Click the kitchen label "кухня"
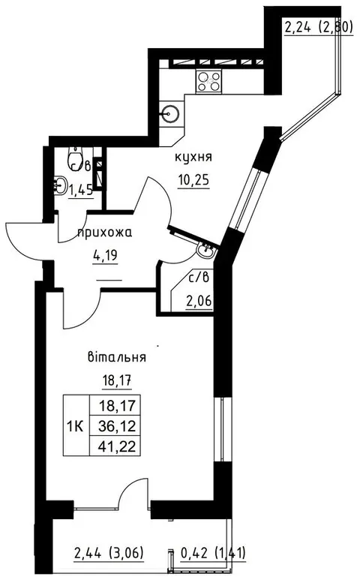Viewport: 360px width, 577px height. [193, 158]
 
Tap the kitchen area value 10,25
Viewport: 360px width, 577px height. [193, 180]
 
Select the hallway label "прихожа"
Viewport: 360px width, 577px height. [105, 233]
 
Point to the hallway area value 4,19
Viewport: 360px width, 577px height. [105, 255]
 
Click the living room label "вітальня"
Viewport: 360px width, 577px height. [117, 357]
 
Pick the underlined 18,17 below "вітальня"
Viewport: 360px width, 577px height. [116, 380]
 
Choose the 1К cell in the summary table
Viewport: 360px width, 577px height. [76, 426]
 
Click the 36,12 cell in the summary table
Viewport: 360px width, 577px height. [117, 426]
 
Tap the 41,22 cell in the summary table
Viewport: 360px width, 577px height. [117, 446]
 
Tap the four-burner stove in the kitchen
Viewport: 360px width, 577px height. [208, 80]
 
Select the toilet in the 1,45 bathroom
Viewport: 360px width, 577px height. [76, 158]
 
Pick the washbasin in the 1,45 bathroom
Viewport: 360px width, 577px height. [59, 185]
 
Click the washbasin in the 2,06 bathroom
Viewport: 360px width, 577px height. [205, 251]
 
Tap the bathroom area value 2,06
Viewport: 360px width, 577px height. [199, 302]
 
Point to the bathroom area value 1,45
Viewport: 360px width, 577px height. [81, 191]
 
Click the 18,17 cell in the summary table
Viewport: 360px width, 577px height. [117, 406]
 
